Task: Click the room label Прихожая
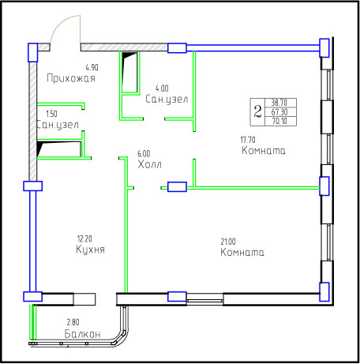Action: pos(71,78)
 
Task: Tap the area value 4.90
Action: pos(92,68)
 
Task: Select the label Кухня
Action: pos(90,250)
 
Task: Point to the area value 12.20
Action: pos(84,238)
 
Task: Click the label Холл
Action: pos(149,164)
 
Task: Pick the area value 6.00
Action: pos(144,154)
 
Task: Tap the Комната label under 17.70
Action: pos(264,151)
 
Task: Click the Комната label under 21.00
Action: pos(242,252)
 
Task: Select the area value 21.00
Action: pos(228,242)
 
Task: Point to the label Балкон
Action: pos(82,334)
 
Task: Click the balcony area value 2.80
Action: pos(73,322)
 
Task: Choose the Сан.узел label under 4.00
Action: pos(167,99)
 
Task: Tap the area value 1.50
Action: pos(51,114)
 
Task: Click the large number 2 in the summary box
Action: pos(258,111)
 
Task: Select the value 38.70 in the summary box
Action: pos(279,103)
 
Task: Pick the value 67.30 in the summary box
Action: pos(279,112)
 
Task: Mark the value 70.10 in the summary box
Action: pos(279,122)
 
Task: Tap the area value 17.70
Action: pos(248,140)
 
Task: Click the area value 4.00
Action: pos(162,88)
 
